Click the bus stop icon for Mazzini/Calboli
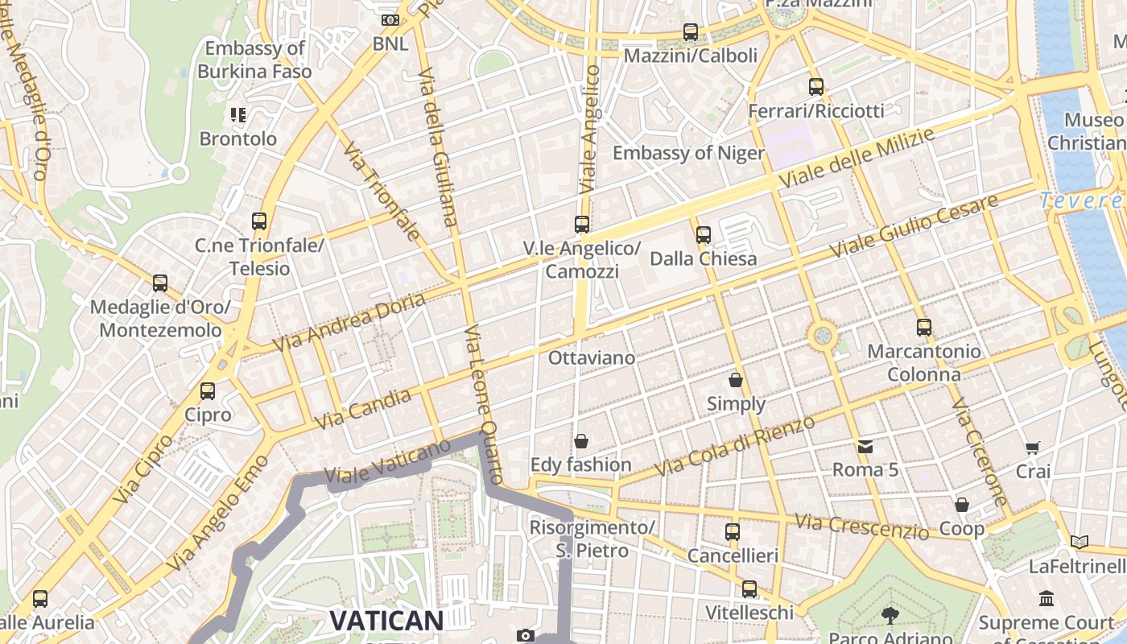(690, 32)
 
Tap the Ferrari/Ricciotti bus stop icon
(815, 87)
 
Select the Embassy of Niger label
(688, 153)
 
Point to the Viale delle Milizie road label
(857, 159)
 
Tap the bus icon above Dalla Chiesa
(703, 235)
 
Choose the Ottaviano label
(591, 357)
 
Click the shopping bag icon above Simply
(735, 380)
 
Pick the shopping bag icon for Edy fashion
(580, 441)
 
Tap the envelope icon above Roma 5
(865, 446)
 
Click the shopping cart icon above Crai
(1032, 448)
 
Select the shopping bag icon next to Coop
(961, 506)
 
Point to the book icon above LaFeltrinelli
(1079, 543)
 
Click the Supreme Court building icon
(1046, 599)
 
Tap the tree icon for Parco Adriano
(890, 616)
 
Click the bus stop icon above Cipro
(207, 391)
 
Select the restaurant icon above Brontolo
(237, 115)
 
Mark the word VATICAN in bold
(386, 621)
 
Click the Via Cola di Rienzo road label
(734, 445)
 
